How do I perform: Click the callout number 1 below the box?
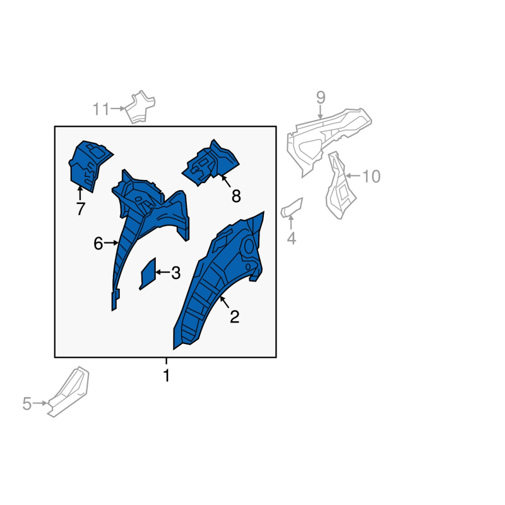[x=166, y=376]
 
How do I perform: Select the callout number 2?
[x=234, y=317]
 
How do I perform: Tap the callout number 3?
[x=175, y=273]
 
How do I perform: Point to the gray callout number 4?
[x=291, y=239]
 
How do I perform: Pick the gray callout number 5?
[x=27, y=404]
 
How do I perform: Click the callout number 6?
[x=98, y=244]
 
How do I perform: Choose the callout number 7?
[x=80, y=209]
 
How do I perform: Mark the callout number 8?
[x=236, y=196]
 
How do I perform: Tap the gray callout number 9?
[x=321, y=97]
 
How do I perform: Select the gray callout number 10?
[x=371, y=177]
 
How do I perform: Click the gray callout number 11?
[x=101, y=109]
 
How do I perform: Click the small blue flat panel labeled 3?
[x=148, y=274]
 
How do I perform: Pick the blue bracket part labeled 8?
[x=211, y=163]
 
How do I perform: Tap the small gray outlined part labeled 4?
[x=292, y=208]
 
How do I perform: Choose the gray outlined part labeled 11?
[x=140, y=107]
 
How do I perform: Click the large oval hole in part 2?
[x=248, y=247]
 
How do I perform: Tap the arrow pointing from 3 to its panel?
[x=163, y=273]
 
